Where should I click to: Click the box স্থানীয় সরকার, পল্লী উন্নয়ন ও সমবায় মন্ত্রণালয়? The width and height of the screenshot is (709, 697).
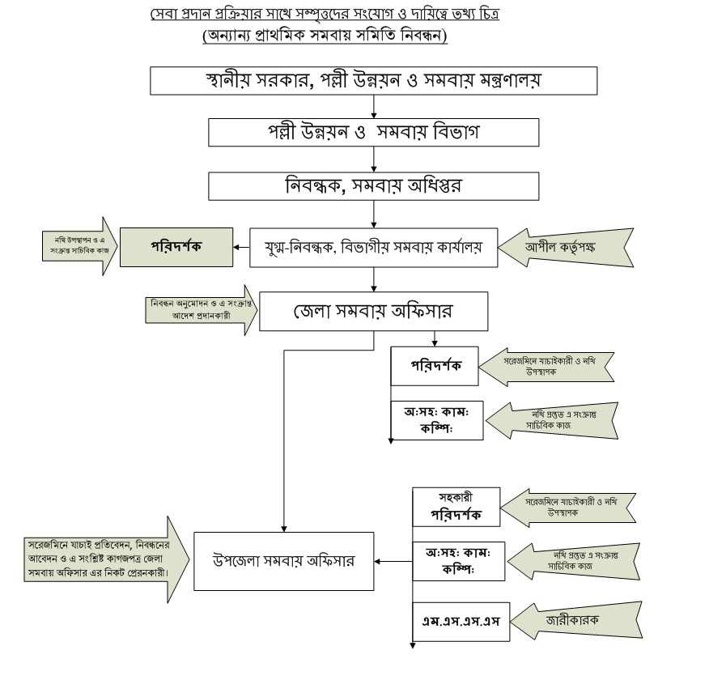(373, 81)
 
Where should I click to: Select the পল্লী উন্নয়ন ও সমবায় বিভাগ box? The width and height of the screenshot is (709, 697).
(373, 132)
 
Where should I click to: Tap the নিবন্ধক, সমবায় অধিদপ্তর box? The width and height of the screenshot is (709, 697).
(373, 185)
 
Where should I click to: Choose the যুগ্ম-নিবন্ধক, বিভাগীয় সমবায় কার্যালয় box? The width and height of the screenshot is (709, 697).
(373, 247)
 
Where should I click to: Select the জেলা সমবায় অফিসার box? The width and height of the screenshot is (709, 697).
(373, 311)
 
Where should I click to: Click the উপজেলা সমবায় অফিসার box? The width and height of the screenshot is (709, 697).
(283, 560)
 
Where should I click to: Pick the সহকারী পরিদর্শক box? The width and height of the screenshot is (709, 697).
(456, 507)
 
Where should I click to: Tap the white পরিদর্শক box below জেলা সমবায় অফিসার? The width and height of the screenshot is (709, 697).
(436, 366)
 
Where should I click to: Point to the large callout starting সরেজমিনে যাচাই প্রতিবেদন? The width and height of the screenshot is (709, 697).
(101, 559)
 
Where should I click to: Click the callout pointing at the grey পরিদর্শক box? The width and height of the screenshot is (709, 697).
(77, 246)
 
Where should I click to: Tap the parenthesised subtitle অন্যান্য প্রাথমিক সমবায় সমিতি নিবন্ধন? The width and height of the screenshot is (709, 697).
(325, 36)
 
